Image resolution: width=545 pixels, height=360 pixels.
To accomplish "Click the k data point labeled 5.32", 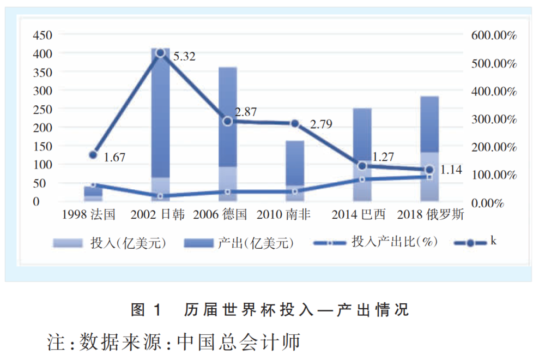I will click(x=160, y=53).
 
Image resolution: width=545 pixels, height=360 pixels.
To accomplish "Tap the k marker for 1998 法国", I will click(x=93, y=155).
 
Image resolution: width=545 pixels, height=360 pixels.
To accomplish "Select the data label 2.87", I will click(x=246, y=112).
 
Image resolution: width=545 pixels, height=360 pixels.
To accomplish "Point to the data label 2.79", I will click(x=321, y=124).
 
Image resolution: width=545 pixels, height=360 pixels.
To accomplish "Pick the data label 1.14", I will click(x=451, y=170).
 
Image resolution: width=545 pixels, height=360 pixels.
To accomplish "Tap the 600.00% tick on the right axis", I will click(x=493, y=35).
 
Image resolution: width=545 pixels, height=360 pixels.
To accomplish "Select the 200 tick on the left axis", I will click(x=43, y=128).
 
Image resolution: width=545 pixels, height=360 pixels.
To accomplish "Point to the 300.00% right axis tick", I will click(x=493, y=119).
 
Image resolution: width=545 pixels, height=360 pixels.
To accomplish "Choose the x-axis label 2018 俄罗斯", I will click(x=431, y=214).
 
